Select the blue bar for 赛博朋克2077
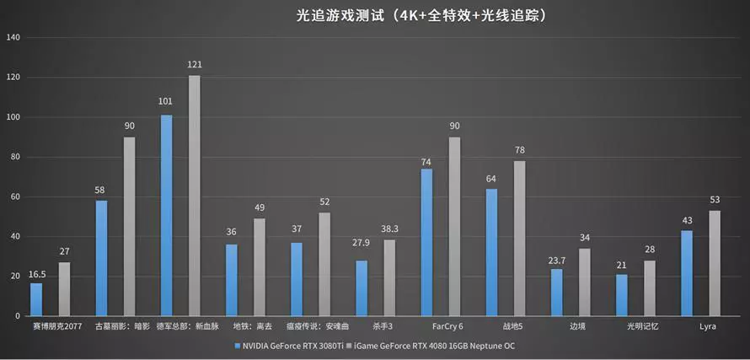[x=36, y=299]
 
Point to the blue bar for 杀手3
[x=362, y=288]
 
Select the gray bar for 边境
[x=585, y=282]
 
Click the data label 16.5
[x=36, y=274]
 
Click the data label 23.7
[x=556, y=260]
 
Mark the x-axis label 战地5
[x=512, y=325]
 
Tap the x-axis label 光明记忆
[x=642, y=325]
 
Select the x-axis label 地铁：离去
[x=252, y=325]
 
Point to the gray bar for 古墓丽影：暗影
[x=130, y=227]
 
